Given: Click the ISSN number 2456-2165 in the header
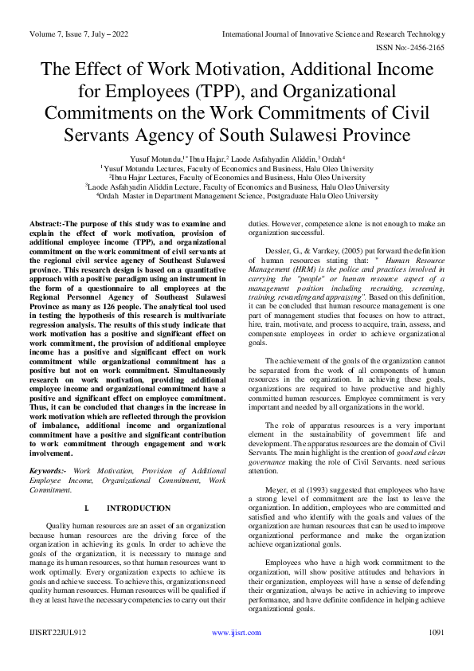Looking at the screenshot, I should tap(427, 48).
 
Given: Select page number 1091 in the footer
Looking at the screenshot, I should tap(436, 654).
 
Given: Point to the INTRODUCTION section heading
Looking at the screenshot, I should tap(139, 508).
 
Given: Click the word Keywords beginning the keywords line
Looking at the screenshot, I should tap(48, 472).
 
